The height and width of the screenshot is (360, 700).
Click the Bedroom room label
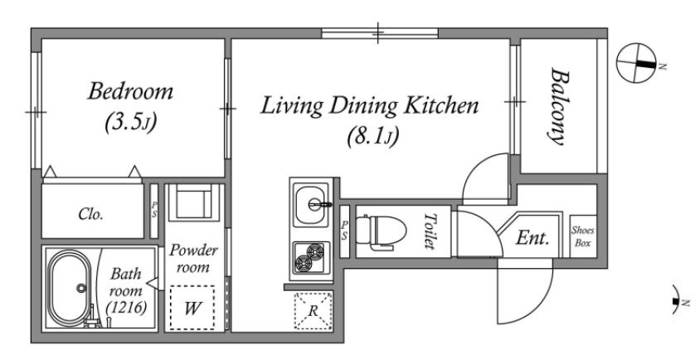tap(130, 91)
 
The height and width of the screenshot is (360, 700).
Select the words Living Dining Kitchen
tap(369, 106)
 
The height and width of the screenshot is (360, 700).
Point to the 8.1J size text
tap(372, 136)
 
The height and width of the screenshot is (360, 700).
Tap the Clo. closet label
tap(90, 214)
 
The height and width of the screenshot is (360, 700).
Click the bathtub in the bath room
tap(70, 288)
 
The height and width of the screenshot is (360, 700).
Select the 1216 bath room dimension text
tap(126, 308)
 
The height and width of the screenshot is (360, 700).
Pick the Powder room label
tap(193, 259)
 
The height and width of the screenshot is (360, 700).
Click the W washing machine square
tap(192, 308)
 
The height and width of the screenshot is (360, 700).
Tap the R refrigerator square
tap(313, 311)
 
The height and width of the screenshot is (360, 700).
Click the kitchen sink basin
tap(312, 204)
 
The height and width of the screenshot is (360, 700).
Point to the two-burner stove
tap(311, 258)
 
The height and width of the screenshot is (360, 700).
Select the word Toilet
tap(430, 231)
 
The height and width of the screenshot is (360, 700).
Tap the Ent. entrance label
tap(532, 238)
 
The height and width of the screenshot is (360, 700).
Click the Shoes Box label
tap(583, 236)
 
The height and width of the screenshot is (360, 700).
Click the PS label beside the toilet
tap(344, 231)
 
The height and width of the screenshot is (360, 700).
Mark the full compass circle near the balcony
tap(636, 63)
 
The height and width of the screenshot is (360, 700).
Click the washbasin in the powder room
tap(193, 201)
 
